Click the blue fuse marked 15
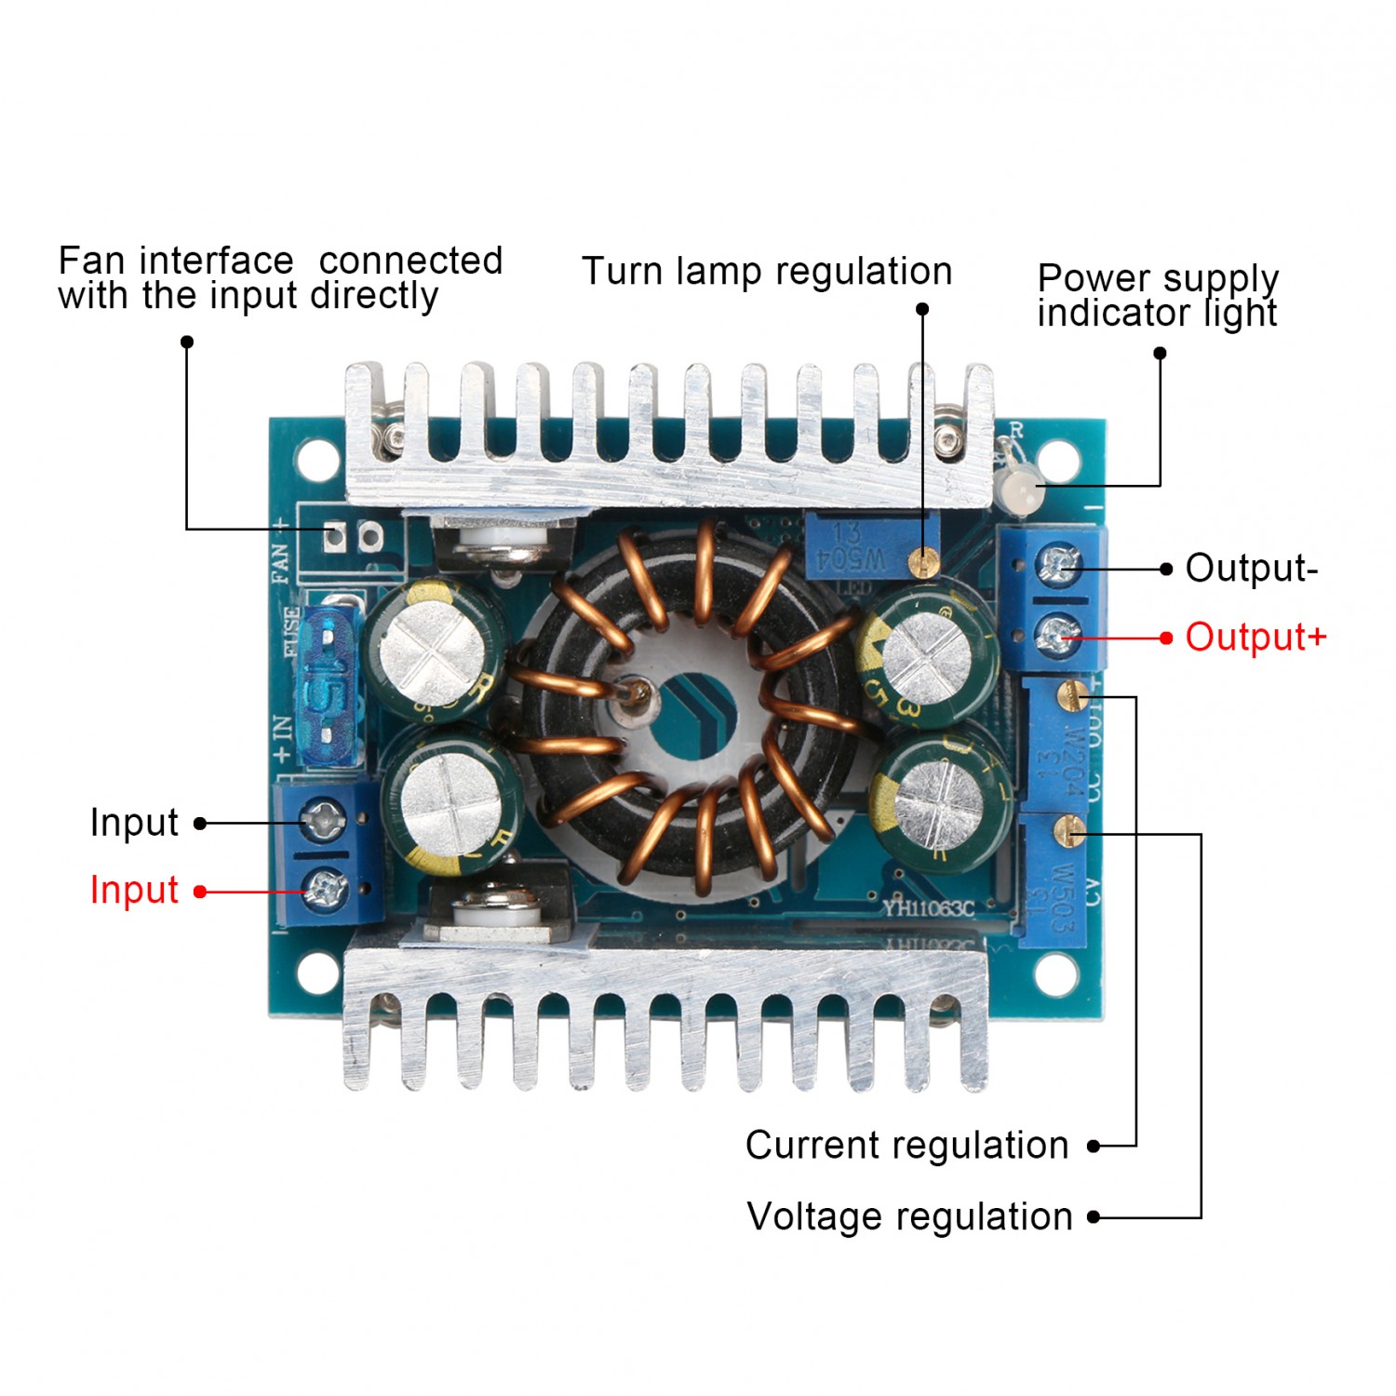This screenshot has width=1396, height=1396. (x=328, y=686)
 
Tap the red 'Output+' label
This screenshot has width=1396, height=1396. (x=1255, y=638)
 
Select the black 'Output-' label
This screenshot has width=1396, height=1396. (x=1251, y=569)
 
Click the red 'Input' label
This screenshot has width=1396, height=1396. (x=134, y=891)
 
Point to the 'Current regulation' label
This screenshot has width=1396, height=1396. (x=906, y=1146)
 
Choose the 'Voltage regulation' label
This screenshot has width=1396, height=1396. (x=909, y=1217)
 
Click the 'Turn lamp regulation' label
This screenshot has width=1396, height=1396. (x=767, y=272)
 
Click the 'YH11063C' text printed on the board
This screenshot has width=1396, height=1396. (x=928, y=906)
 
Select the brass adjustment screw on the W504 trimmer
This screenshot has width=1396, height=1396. (x=921, y=561)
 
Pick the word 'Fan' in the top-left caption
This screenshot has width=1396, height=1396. (x=91, y=262)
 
